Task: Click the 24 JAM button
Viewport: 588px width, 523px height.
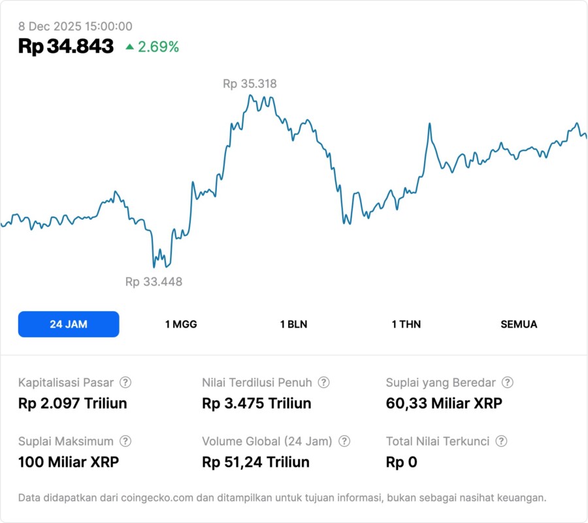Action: (x=69, y=324)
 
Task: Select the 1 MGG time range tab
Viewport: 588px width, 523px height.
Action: (x=181, y=324)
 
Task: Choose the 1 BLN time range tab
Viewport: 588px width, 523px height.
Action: (x=293, y=324)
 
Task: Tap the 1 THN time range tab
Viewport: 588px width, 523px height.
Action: (x=406, y=324)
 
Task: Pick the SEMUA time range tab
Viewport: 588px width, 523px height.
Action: (x=519, y=324)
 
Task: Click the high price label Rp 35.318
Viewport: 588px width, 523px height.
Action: (x=250, y=84)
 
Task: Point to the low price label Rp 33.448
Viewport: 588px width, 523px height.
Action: (x=154, y=282)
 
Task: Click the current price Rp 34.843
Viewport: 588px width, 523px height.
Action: (x=66, y=46)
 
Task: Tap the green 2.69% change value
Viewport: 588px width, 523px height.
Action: (x=158, y=47)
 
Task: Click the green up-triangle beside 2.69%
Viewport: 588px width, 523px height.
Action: (x=130, y=47)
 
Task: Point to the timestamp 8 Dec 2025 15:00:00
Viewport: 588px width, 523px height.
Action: (x=75, y=26)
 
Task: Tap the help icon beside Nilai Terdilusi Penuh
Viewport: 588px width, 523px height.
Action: (x=323, y=382)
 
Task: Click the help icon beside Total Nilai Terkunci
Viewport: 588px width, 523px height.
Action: (x=501, y=441)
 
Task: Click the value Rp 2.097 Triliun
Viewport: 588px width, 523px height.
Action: (x=73, y=403)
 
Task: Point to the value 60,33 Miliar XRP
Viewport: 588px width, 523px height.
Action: (x=444, y=403)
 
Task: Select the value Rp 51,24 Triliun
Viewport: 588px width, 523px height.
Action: (x=256, y=462)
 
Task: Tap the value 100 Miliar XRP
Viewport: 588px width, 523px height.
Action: (x=69, y=462)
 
